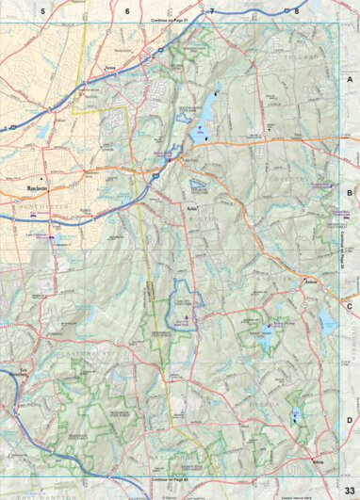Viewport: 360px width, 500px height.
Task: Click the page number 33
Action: (349, 491)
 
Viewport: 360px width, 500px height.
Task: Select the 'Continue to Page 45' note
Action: (171, 480)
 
